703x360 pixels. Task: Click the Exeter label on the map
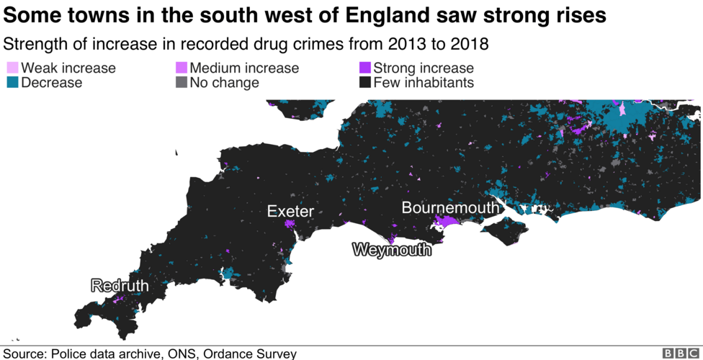click(x=290, y=211)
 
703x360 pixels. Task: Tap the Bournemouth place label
click(x=450, y=207)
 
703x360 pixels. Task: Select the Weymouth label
click(x=392, y=250)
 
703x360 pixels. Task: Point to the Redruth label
click(x=120, y=286)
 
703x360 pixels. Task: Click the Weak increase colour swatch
click(x=12, y=68)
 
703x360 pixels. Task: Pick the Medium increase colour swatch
click(x=182, y=68)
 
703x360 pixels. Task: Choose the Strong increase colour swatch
click(x=364, y=68)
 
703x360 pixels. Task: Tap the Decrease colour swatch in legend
click(x=12, y=83)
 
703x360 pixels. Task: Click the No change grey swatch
click(x=182, y=83)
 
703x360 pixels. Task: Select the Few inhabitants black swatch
click(x=364, y=83)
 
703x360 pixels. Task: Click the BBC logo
click(x=680, y=353)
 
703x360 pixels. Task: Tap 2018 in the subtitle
click(x=468, y=44)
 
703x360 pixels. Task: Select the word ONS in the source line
click(x=182, y=354)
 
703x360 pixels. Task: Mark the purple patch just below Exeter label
click(x=290, y=224)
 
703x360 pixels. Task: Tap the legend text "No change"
click(x=224, y=83)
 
